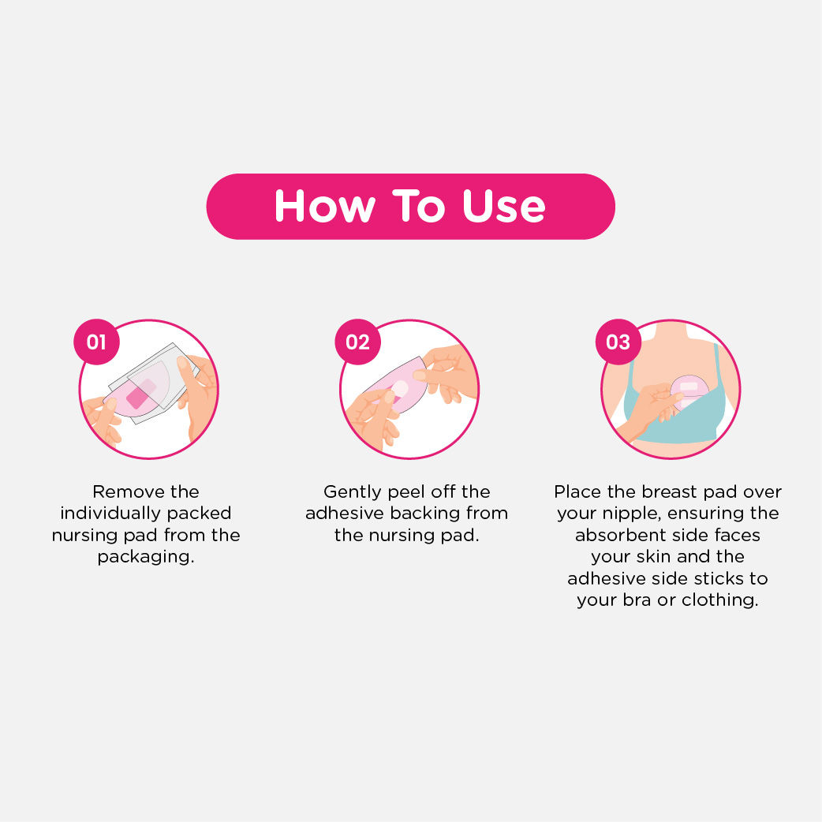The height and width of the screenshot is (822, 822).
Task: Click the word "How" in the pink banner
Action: click(x=325, y=206)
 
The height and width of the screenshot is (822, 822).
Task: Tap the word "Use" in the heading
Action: click(x=504, y=206)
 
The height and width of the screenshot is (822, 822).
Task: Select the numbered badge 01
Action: click(x=96, y=342)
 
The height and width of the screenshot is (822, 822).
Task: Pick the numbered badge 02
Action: click(x=357, y=342)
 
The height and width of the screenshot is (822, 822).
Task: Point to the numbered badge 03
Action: click(x=618, y=342)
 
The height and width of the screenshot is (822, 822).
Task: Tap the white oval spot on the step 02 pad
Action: click(x=400, y=388)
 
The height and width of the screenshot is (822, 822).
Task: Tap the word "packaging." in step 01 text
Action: click(x=146, y=557)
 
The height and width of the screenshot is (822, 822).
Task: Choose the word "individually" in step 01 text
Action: click(x=109, y=514)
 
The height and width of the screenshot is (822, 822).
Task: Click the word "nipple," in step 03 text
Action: click(x=631, y=514)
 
